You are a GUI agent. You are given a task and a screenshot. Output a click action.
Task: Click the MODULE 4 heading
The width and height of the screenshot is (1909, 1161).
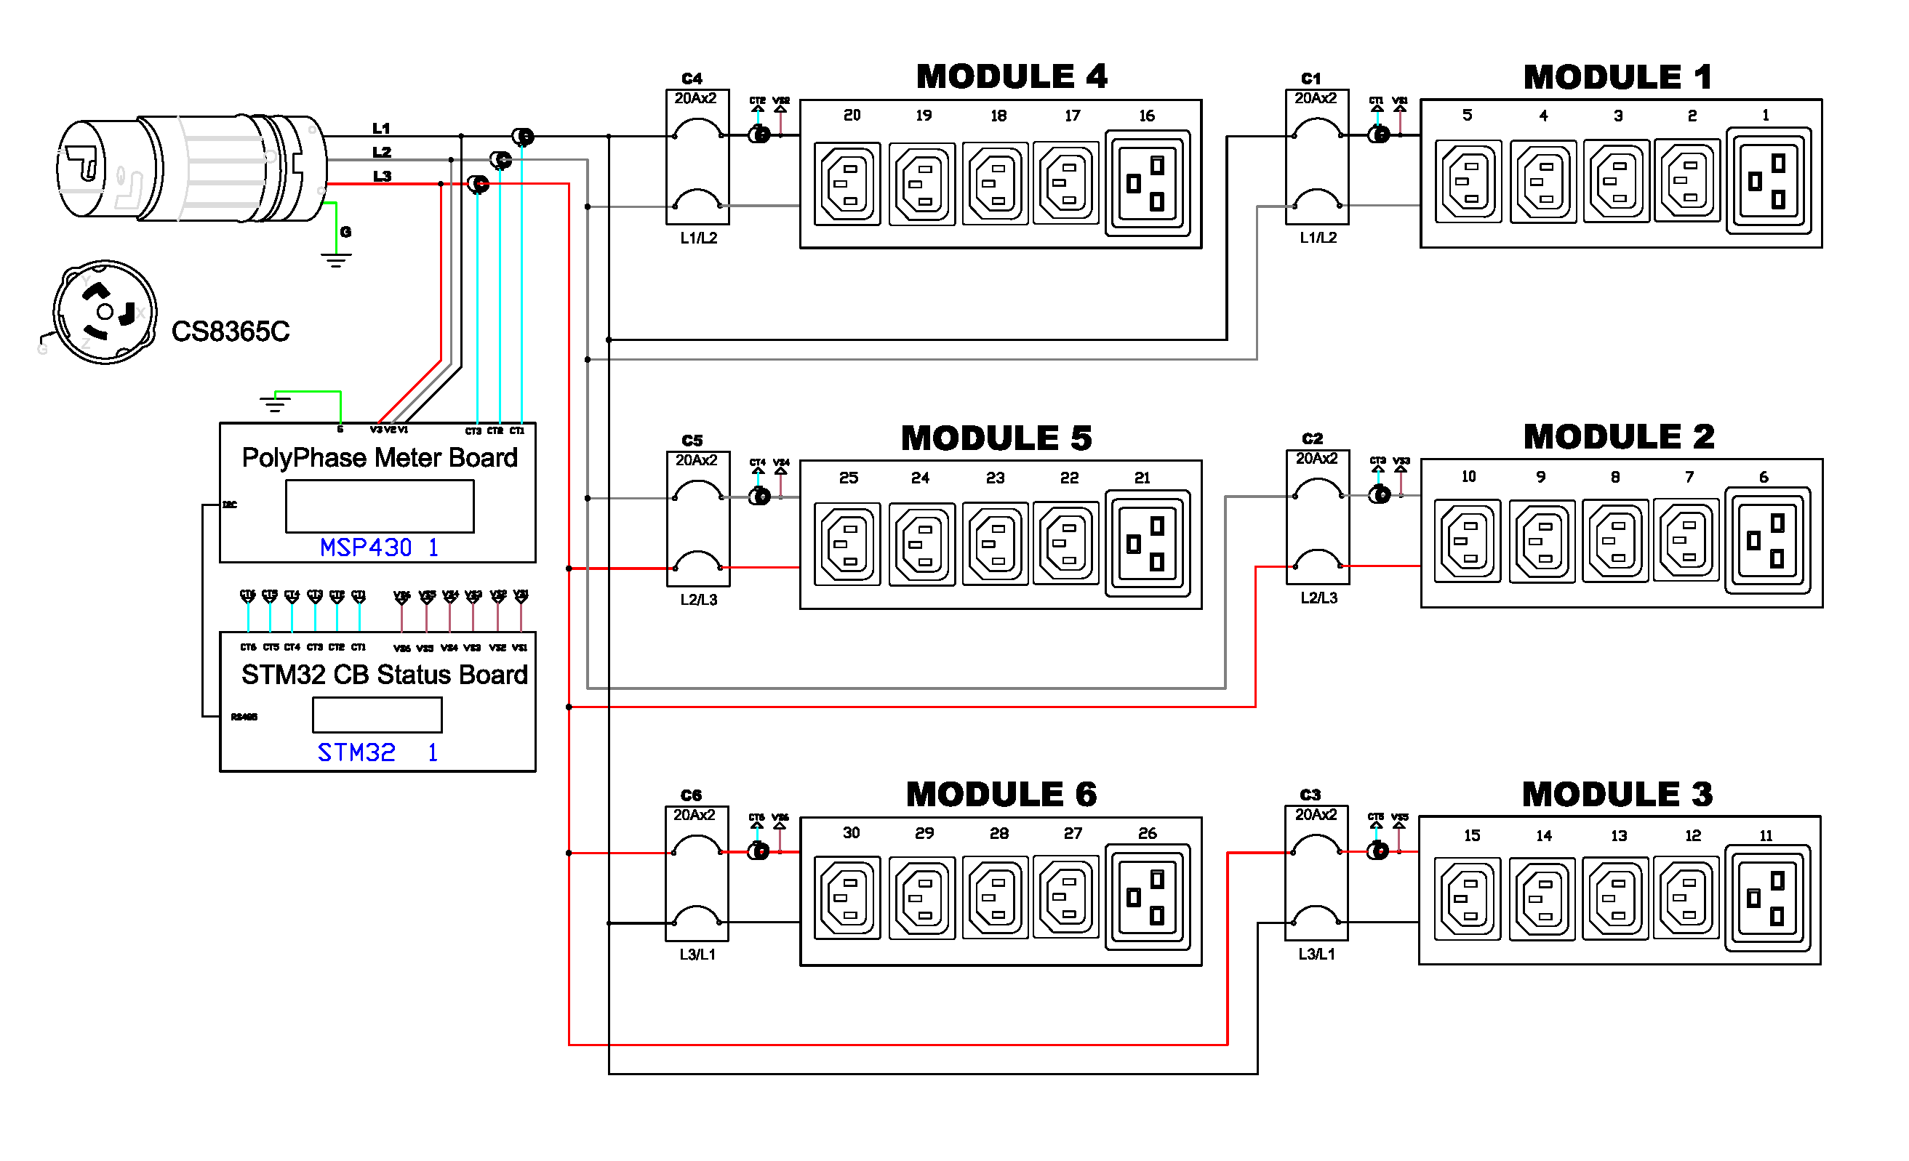[1011, 76]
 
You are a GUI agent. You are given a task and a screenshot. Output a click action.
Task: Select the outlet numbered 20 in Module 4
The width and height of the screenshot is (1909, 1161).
[847, 183]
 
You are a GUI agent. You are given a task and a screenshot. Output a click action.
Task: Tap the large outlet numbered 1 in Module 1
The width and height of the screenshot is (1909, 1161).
[1769, 182]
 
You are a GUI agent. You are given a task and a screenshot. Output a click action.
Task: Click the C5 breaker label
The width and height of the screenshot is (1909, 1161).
[692, 441]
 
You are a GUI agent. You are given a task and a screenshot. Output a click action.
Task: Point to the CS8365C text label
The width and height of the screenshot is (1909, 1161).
[230, 332]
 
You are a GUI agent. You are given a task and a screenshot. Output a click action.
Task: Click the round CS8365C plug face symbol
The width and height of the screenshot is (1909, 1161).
[105, 311]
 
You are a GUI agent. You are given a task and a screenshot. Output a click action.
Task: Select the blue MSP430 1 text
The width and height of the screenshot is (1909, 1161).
[379, 547]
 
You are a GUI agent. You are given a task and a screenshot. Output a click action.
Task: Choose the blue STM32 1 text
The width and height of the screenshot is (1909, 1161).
[377, 752]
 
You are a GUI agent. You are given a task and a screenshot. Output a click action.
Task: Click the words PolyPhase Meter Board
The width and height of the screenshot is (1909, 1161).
[379, 458]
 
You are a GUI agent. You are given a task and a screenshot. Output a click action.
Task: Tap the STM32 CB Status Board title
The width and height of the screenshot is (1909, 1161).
[383, 675]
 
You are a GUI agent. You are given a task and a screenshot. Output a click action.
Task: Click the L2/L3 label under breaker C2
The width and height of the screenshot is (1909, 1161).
[1318, 598]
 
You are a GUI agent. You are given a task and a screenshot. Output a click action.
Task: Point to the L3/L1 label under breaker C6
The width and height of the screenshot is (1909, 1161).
[697, 955]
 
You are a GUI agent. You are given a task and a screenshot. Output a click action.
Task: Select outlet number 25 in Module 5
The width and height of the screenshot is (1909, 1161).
[847, 545]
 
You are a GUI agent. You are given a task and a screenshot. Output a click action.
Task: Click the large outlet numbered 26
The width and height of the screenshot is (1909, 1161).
[1147, 897]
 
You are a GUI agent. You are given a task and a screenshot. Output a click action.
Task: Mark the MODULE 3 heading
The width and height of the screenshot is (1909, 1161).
[1617, 795]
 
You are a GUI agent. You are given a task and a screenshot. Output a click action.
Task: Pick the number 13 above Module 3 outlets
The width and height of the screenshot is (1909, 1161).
[1618, 837]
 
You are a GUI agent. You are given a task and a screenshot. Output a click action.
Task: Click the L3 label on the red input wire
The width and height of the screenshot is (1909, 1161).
[382, 177]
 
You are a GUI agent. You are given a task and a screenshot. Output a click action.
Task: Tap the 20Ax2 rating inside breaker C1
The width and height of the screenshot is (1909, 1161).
[1316, 98]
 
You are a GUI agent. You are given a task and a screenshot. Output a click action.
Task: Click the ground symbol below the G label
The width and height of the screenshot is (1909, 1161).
[335, 260]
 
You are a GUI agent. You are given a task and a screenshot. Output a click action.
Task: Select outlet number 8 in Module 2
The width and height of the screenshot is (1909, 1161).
[1615, 541]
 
